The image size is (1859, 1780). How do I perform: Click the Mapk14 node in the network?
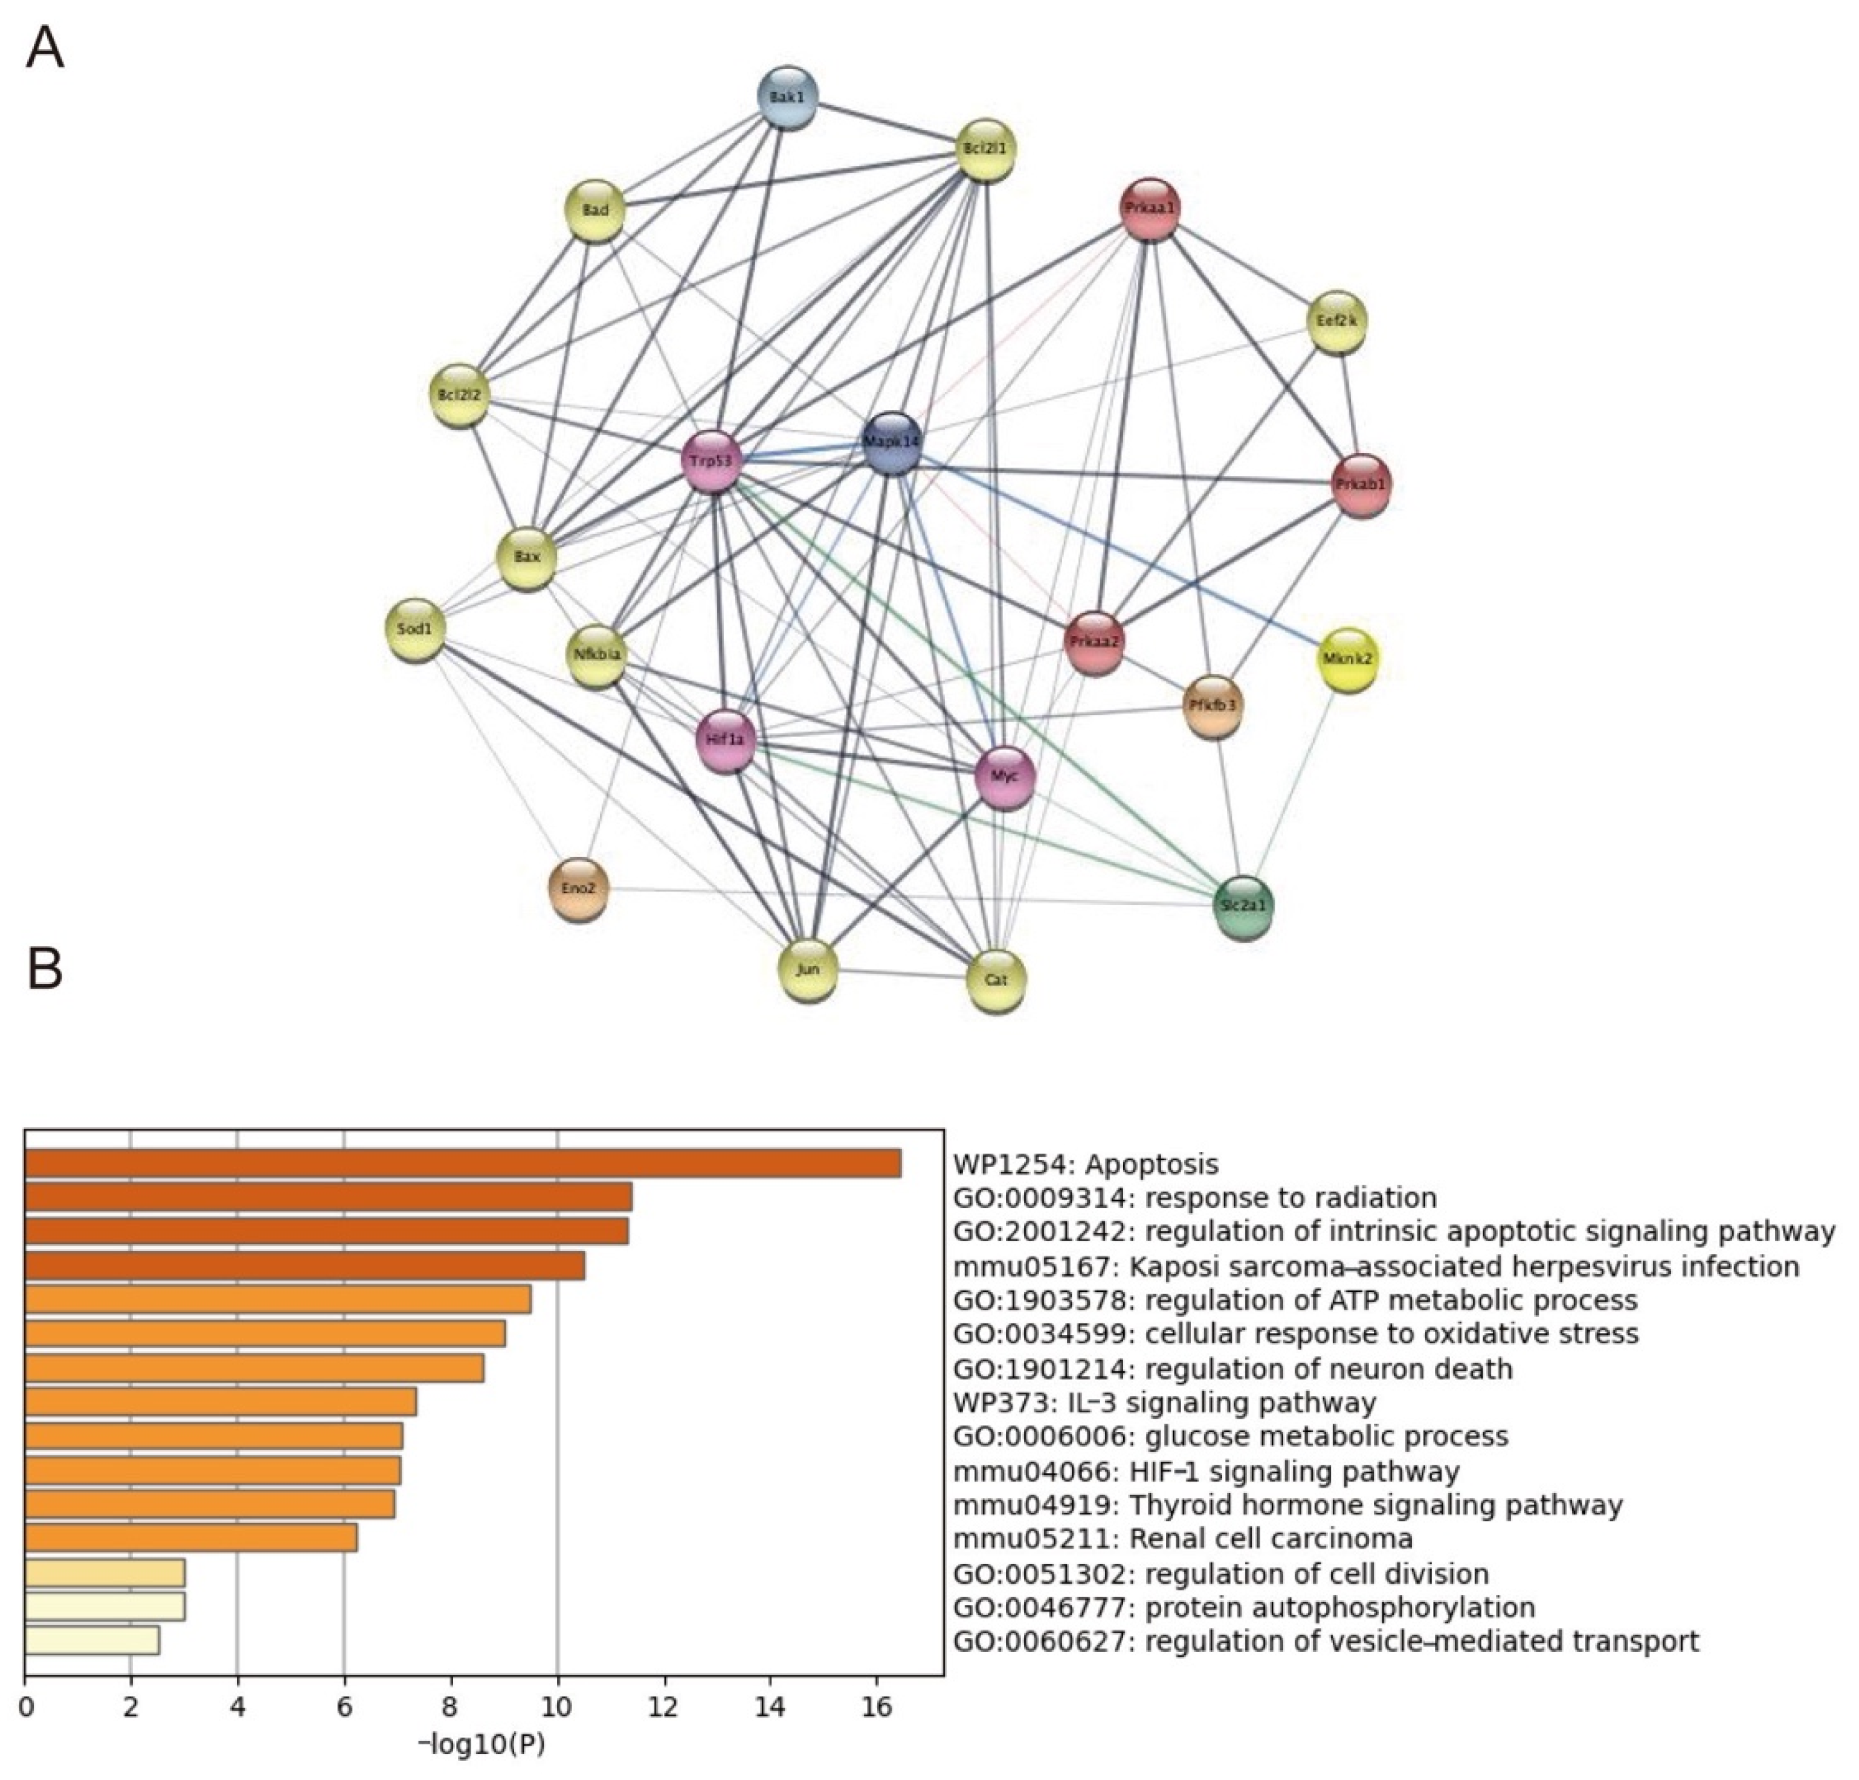[x=892, y=442]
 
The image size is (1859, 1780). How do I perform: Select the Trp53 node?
[x=710, y=462]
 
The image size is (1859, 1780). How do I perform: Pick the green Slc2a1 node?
[x=1243, y=905]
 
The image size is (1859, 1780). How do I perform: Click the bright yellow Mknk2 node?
[x=1348, y=658]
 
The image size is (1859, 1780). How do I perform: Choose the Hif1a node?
[x=726, y=740]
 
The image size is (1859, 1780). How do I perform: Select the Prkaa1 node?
[x=1150, y=208]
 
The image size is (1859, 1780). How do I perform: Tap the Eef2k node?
[x=1336, y=321]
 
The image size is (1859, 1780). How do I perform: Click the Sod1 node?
[x=416, y=629]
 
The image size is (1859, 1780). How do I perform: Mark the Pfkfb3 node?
[x=1213, y=705]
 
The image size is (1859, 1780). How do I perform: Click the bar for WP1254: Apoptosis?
[x=463, y=1163]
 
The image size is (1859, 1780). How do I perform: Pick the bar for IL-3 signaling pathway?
[x=220, y=1402]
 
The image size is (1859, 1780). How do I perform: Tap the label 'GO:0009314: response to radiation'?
[x=1194, y=1198]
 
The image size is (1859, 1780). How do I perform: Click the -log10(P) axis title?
[x=482, y=1744]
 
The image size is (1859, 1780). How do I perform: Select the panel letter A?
[x=45, y=48]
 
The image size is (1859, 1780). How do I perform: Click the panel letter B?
[x=45, y=968]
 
